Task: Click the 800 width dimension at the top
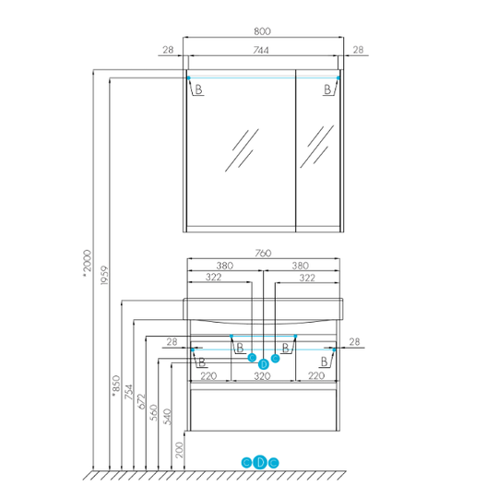pos(262,31)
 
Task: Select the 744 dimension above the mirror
pos(261,50)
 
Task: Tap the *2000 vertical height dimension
pos(87,263)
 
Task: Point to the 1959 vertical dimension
pos(104,276)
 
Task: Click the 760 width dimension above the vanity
pos(263,253)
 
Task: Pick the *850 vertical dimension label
pos(116,385)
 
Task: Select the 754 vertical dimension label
pos(128,392)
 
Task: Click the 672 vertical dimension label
pos(141,401)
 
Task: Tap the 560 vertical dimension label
pos(154,412)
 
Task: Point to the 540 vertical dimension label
pos(167,416)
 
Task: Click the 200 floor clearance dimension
pos(180,450)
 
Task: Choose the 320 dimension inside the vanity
pos(262,376)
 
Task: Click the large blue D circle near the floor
pos(260,462)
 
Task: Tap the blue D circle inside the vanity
pos(264,364)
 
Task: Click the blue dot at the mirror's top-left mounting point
pos(189,77)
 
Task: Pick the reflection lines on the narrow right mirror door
pos(317,147)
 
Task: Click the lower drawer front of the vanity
pos(263,410)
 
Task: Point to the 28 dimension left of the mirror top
pos(169,50)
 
